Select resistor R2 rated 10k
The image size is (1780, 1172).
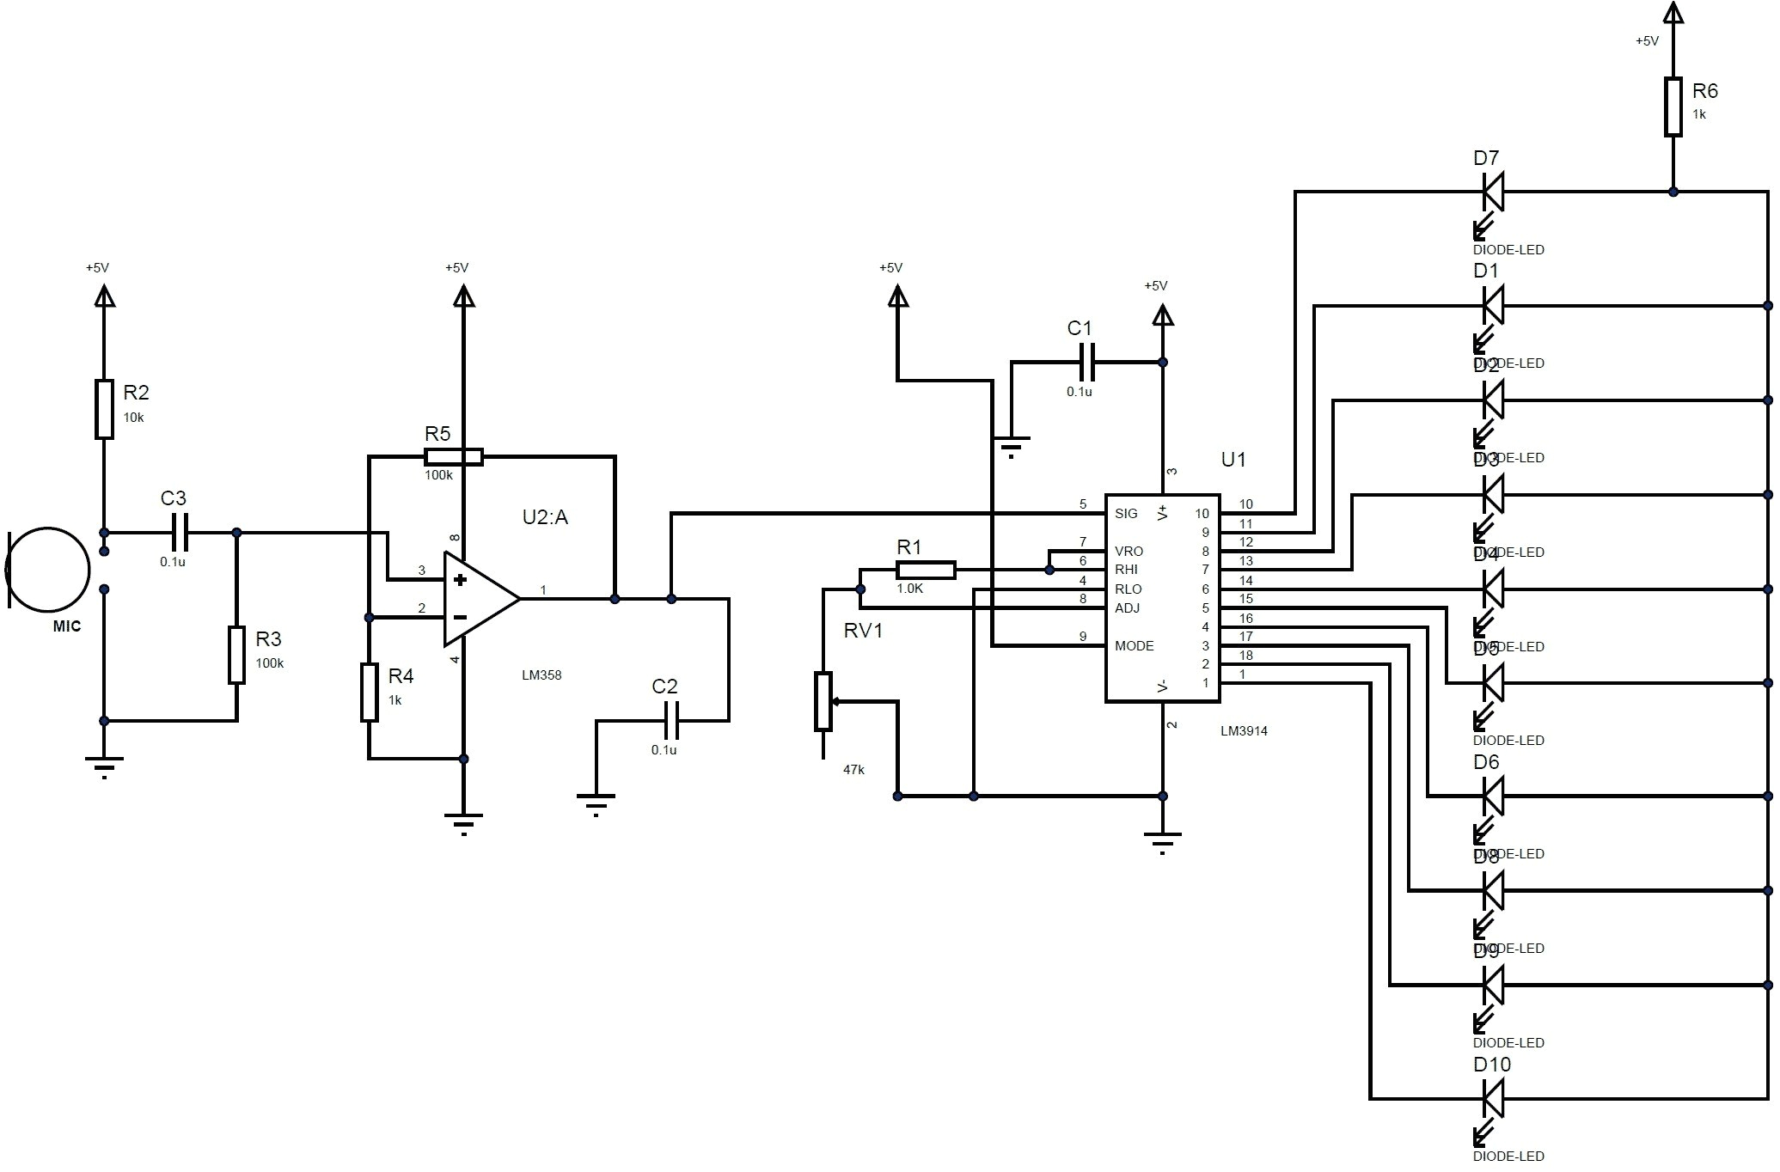[104, 409]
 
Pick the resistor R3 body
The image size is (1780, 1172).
[236, 655]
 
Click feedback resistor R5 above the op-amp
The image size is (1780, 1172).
[454, 456]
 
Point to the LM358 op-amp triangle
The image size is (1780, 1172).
[478, 598]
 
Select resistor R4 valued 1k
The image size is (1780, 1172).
[369, 692]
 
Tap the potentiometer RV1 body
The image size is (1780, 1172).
[823, 701]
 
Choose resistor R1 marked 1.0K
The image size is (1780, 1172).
[925, 569]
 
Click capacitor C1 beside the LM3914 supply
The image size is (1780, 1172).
[1086, 362]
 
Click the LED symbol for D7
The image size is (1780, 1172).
[1494, 192]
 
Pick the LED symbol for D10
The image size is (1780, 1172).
[1494, 1098]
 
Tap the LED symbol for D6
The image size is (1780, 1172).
[1494, 796]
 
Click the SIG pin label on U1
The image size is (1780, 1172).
[1126, 514]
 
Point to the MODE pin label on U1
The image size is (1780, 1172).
[1134, 646]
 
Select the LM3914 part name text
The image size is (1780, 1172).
[1244, 731]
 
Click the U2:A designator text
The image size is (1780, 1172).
[545, 517]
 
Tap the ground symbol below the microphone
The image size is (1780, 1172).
[104, 763]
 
